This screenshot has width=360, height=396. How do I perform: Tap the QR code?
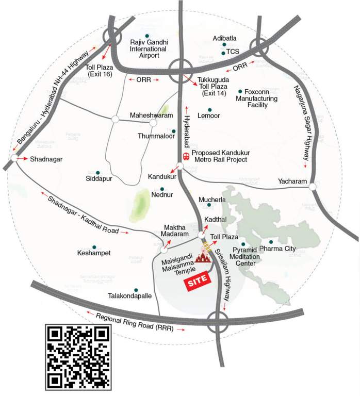(78, 357)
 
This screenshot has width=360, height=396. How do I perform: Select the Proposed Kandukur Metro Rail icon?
(186, 156)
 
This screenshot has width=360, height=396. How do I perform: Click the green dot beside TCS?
(223, 53)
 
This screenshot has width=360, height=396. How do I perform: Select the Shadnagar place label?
(46, 159)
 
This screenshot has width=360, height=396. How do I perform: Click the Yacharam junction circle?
(313, 186)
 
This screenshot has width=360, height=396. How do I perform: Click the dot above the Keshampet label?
(94, 247)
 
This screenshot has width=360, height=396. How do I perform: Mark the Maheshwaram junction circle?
(153, 123)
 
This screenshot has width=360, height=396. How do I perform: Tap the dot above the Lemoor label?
(209, 109)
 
